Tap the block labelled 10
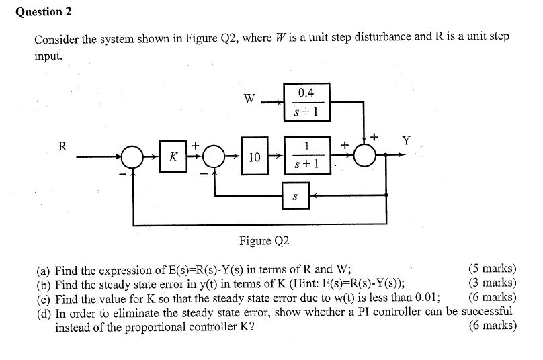coord(254,156)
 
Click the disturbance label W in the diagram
coord(249,99)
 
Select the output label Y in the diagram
coord(406,140)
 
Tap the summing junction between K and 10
coord(214,157)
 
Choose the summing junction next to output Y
coord(366,156)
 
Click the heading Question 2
coord(43,12)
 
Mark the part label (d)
coord(44,312)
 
